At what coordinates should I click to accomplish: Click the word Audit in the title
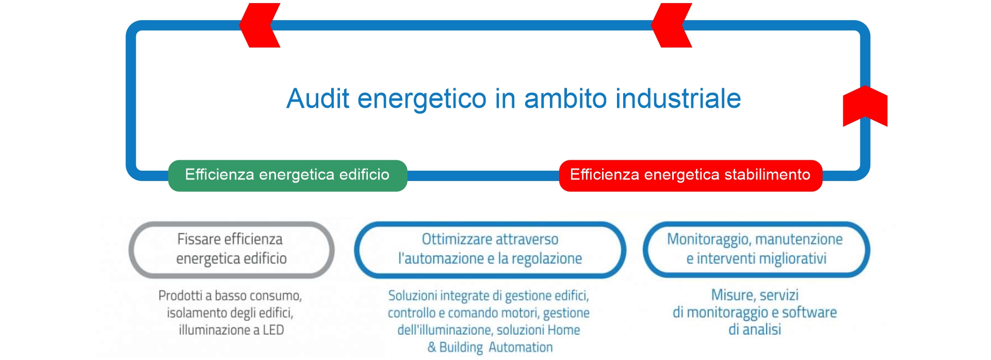[318, 98]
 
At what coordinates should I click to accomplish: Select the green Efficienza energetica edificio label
[287, 175]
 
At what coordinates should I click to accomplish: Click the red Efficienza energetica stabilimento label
[690, 175]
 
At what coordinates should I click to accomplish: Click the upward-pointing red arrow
[865, 106]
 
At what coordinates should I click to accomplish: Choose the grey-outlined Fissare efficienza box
[231, 250]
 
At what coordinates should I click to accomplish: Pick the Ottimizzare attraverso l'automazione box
[490, 250]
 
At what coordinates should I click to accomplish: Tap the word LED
[273, 330]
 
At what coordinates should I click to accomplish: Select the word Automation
[521, 348]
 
